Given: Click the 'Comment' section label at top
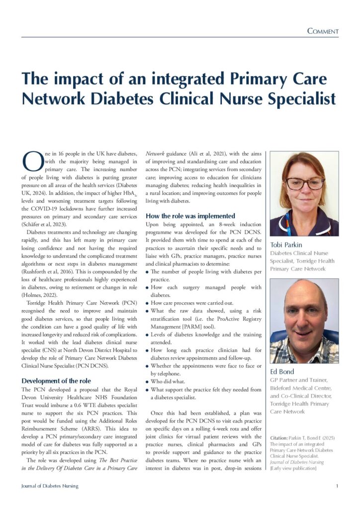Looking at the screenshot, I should click(323, 31).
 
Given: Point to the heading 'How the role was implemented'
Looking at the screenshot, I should click(190, 216).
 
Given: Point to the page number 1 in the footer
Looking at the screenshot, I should click(337, 486).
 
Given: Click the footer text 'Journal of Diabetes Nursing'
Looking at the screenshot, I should click(50, 486).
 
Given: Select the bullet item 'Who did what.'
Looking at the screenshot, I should click(169, 381).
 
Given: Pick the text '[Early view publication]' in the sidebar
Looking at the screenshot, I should click(293, 468).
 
